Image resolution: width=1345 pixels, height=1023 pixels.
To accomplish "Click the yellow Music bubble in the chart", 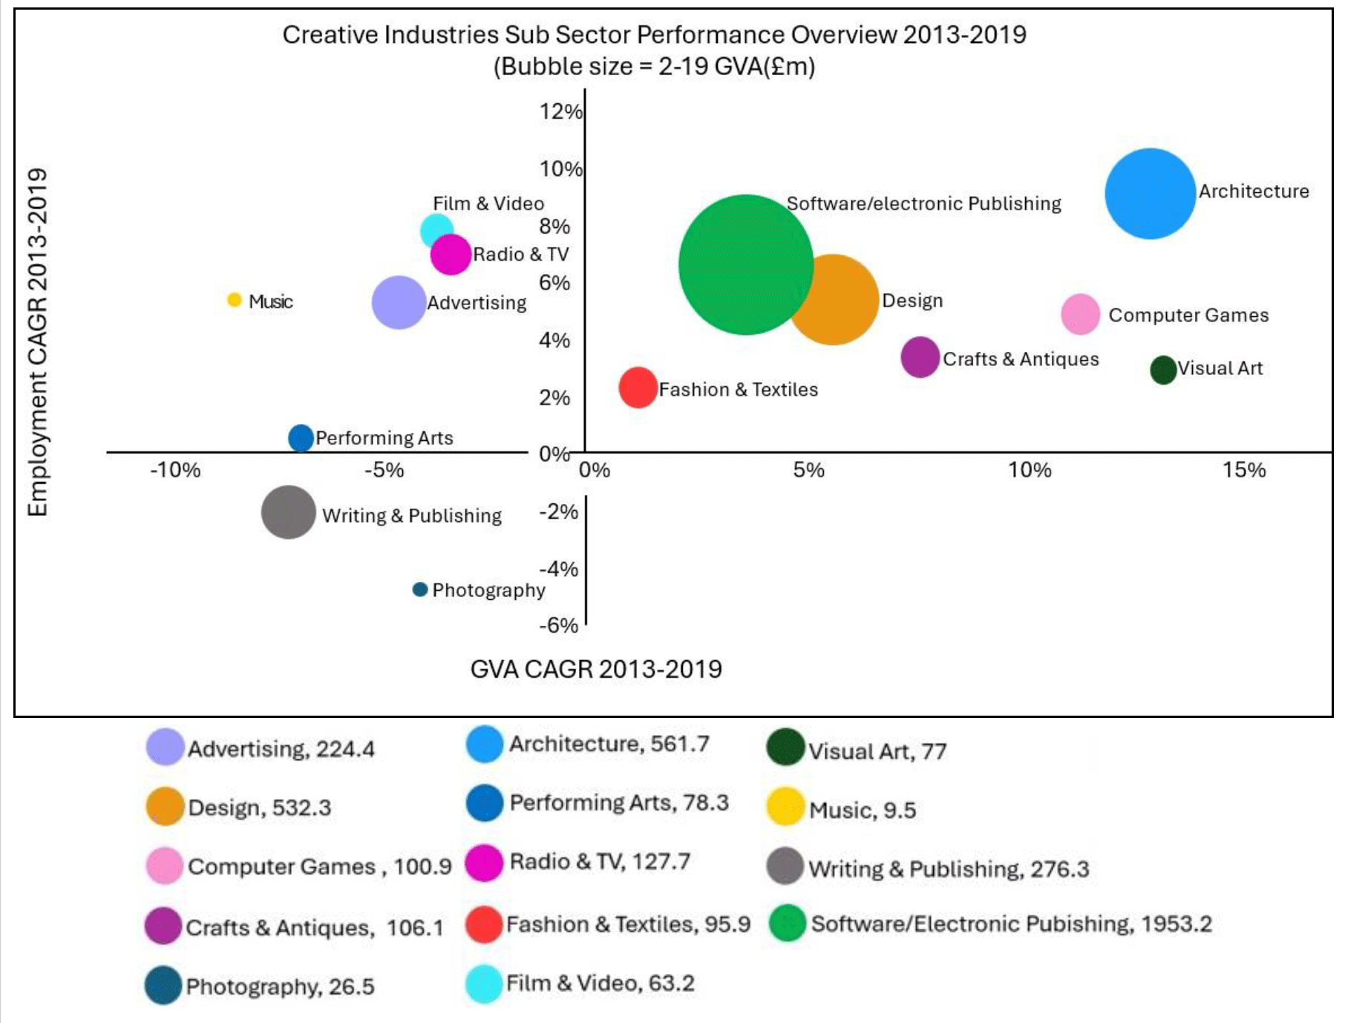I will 234,299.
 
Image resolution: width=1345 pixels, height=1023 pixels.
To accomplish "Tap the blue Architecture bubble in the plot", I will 1150,194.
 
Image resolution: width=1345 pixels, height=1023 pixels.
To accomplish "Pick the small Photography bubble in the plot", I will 419,589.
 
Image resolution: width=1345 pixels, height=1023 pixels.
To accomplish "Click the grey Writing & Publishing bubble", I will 288,512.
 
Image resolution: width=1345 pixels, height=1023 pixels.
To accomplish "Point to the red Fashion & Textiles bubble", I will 638,388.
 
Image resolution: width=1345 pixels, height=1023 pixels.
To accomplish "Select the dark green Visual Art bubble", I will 1163,369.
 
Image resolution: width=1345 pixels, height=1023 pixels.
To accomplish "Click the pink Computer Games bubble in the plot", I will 1080,314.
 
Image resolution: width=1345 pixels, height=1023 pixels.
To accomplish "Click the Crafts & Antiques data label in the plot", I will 1021,359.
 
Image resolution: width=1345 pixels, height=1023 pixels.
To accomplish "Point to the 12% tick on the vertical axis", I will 560,111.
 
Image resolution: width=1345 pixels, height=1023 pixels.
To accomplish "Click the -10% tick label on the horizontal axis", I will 175,470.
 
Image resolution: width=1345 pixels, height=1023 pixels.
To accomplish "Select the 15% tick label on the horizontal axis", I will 1244,470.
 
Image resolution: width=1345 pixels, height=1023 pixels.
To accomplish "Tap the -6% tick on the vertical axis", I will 558,625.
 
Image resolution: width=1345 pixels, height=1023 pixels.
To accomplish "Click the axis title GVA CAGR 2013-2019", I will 596,669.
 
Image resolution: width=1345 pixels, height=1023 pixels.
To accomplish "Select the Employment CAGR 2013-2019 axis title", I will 37,341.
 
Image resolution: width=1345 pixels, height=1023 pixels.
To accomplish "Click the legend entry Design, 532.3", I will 259,808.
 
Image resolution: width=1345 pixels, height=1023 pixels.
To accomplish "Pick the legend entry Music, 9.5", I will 862,810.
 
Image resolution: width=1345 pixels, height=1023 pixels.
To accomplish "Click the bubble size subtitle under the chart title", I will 654,67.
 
